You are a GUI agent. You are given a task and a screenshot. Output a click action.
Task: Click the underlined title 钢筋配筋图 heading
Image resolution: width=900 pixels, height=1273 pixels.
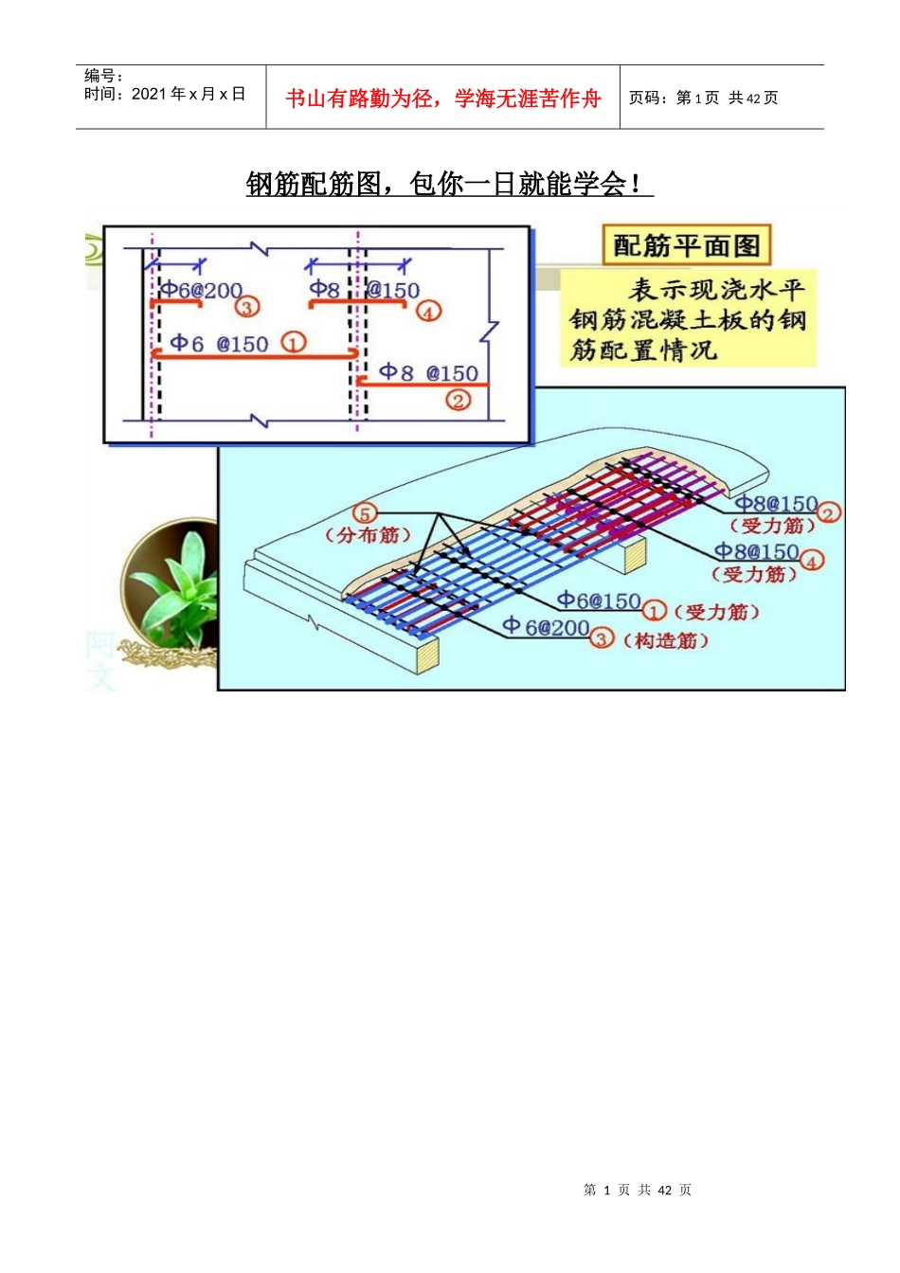(449, 183)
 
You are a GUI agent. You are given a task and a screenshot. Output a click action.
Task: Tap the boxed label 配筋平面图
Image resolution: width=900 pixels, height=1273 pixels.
(687, 246)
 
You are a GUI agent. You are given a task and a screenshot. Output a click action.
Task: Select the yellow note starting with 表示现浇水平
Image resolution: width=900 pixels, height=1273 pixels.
(688, 319)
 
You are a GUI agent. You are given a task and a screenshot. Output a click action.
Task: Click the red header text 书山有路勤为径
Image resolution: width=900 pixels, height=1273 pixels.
(442, 99)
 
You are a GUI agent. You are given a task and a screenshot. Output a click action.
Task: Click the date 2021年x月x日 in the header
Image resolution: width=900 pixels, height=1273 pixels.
(165, 94)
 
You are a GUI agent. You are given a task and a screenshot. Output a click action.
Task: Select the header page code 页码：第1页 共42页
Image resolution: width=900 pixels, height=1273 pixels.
(703, 98)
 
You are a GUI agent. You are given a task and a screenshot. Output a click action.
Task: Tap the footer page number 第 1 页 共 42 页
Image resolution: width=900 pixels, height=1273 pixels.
(637, 1190)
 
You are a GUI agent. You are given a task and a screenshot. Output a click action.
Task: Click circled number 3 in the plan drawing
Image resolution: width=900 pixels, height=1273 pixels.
(247, 307)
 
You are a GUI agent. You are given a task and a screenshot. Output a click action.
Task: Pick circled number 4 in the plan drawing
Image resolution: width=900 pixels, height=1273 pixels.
(429, 311)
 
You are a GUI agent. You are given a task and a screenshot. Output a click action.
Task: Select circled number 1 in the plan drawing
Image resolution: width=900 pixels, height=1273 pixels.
(294, 343)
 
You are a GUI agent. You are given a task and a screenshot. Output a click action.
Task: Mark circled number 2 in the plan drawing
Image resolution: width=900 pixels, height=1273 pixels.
(459, 400)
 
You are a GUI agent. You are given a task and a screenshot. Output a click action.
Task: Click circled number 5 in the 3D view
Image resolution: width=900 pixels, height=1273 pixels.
(365, 513)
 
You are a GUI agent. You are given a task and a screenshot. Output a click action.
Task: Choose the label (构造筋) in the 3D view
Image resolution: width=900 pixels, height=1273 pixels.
(665, 641)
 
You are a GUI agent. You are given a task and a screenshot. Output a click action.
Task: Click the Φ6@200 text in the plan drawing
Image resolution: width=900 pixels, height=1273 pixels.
(201, 290)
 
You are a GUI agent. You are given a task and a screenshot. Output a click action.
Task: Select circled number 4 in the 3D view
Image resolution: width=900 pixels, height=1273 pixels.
(812, 560)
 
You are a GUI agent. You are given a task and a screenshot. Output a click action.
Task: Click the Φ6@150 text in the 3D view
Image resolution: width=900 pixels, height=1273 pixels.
(599, 601)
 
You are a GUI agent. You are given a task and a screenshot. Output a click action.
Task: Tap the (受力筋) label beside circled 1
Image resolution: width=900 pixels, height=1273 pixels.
(716, 612)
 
